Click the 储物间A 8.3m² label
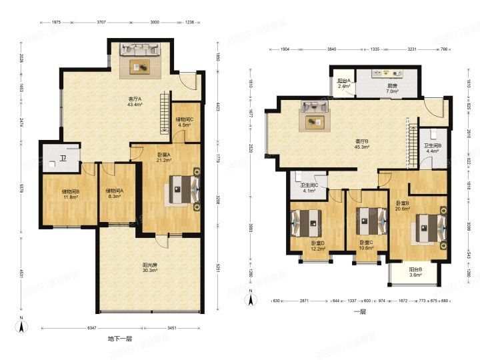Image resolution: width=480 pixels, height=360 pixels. tap(114, 194)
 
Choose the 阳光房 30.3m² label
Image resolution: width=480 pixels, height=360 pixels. tap(150, 267)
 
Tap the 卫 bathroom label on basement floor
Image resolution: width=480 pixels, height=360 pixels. tap(63, 159)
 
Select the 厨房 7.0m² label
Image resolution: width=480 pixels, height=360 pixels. tap(393, 88)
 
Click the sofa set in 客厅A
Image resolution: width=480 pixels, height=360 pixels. tap(140, 59)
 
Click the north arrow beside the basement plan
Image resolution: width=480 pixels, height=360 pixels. tap(21, 325)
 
